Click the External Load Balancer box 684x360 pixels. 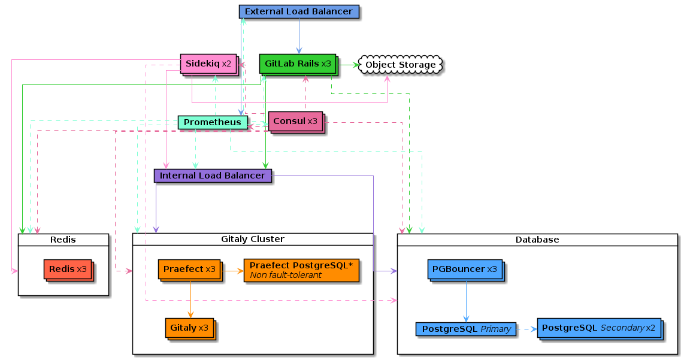tap(299, 12)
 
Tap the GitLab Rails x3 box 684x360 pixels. tap(299, 65)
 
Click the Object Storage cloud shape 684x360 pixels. tap(401, 65)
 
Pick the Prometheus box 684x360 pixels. tap(213, 122)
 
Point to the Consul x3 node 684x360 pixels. tap(296, 122)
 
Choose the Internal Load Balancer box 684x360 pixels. tap(213, 176)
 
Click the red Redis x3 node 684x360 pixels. tap(68, 270)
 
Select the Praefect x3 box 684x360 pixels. tap(190, 270)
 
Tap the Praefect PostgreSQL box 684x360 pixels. tap(301, 270)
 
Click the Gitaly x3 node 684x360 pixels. tap(190, 329)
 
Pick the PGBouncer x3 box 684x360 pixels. tap(466, 270)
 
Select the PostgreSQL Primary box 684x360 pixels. tap(466, 329)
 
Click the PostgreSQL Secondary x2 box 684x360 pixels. tap(600, 329)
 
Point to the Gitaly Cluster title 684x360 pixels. tap(253, 239)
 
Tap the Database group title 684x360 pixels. tap(537, 240)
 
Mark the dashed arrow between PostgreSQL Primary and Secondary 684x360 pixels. tap(526, 329)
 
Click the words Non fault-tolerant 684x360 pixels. tap(286, 276)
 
